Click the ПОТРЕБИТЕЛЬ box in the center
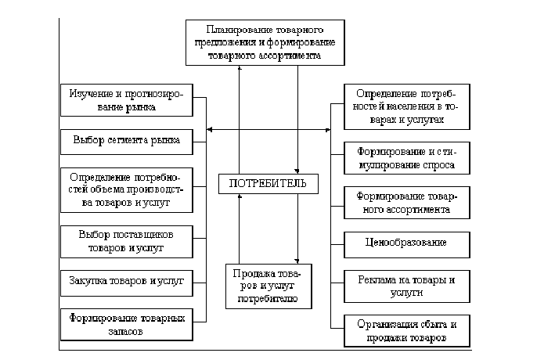(x=268, y=184)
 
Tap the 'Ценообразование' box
(x=406, y=242)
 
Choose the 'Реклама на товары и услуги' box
(x=406, y=285)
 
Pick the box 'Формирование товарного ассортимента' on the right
(x=406, y=202)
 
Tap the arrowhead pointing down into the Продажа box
(x=298, y=261)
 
